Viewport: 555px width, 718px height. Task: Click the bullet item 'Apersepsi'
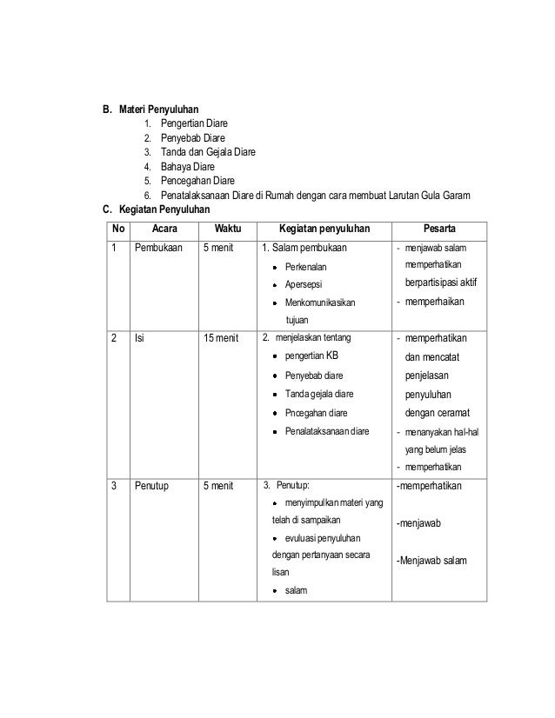click(305, 284)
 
